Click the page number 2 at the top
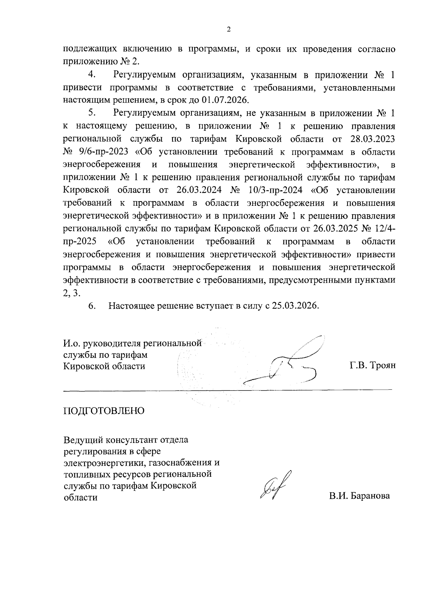pos(228,30)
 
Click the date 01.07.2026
pos(225,100)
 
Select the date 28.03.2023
pos(373,139)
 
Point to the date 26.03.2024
pos(197,190)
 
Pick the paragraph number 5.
pos(92,113)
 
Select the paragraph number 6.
pos(92,306)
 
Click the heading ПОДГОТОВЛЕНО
pos(104,411)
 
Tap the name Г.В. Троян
pos(373,365)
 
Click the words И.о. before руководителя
pos(72,343)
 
